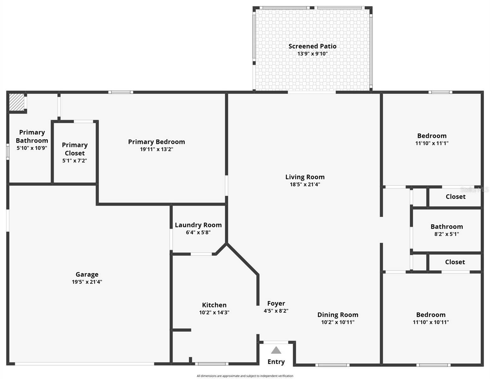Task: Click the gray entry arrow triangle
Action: coord(276,350)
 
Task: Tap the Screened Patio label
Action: coord(312,46)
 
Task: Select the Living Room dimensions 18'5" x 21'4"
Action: coord(305,184)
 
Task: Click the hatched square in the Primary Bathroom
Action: coord(16,102)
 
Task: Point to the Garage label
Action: coord(87,274)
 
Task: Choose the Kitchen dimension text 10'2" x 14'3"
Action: coord(214,312)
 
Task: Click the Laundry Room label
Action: coord(198,225)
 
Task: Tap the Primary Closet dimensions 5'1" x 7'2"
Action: coord(75,160)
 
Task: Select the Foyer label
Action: coord(276,303)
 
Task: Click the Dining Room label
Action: coord(338,315)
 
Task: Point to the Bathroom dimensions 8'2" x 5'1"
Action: coord(447,234)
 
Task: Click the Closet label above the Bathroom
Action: coord(456,197)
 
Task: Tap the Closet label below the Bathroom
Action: coord(455,262)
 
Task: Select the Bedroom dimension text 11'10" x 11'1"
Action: coord(432,143)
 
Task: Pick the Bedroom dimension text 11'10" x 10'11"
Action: coord(431,322)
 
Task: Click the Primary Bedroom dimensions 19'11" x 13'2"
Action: coord(156,149)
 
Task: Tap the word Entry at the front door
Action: coord(276,362)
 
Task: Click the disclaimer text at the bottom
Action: coord(245,376)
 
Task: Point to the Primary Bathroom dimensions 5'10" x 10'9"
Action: coord(32,148)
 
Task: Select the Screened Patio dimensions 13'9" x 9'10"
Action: coord(312,54)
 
